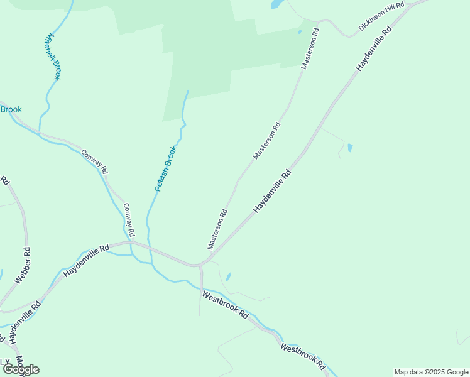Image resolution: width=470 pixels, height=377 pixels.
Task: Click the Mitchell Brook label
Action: tap(52, 57)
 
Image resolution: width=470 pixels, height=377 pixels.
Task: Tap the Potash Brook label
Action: tap(167, 168)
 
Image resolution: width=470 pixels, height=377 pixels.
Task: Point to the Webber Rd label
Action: tap(23, 266)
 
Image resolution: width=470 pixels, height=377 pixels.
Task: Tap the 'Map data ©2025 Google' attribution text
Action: tap(431, 372)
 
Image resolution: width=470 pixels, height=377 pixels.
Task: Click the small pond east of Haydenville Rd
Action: tap(350, 148)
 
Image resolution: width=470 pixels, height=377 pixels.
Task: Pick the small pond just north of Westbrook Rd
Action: tap(227, 276)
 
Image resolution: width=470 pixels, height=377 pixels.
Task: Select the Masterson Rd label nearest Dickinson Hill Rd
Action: tap(310, 48)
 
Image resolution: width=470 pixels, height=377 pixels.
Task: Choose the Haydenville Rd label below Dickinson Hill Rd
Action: tap(373, 48)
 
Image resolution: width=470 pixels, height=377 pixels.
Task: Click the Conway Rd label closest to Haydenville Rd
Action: tap(129, 220)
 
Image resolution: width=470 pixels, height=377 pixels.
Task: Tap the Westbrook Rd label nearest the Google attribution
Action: tap(303, 356)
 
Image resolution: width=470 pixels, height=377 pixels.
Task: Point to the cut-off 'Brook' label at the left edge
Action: tap(11, 110)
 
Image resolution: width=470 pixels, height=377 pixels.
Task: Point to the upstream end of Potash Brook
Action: tap(187, 91)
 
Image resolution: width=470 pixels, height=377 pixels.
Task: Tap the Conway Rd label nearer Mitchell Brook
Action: tap(94, 161)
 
